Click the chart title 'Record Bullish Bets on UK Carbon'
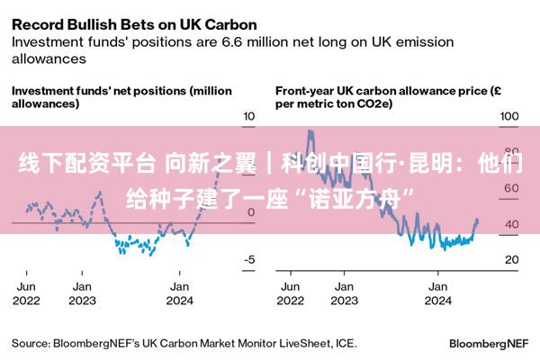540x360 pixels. click(x=134, y=25)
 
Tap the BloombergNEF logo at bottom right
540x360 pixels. click(x=489, y=344)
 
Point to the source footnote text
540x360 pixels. click(x=184, y=344)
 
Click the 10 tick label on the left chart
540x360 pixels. click(x=249, y=116)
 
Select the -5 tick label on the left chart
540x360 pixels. click(x=249, y=259)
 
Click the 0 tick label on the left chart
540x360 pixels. click(x=251, y=212)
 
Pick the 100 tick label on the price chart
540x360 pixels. click(x=509, y=116)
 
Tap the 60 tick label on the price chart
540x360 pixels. click(x=511, y=188)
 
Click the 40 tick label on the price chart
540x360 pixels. click(x=512, y=224)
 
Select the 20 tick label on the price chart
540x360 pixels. click(x=512, y=259)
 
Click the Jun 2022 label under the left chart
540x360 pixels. click(x=26, y=293)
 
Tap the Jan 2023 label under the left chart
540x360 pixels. click(x=82, y=293)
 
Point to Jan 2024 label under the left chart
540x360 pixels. click(x=179, y=293)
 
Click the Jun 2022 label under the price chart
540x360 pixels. click(x=291, y=293)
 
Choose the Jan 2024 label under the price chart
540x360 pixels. click(x=437, y=293)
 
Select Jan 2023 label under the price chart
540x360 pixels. click(x=345, y=293)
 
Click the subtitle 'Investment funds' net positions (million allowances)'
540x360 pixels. click(x=121, y=97)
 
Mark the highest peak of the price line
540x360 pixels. click(x=310, y=130)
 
